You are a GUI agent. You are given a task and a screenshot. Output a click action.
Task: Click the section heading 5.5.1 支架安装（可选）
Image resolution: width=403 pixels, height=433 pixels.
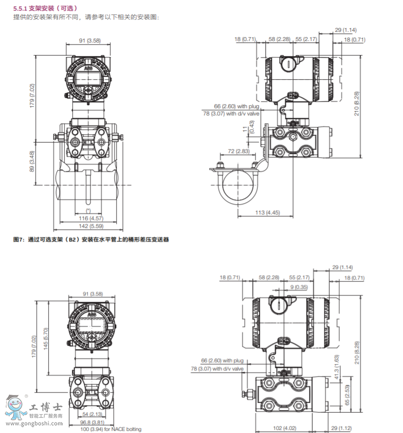(45, 8)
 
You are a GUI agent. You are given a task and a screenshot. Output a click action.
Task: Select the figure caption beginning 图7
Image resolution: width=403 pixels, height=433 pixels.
(91, 239)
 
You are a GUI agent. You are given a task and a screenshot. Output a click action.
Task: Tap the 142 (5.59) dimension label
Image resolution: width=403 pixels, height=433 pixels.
(91, 226)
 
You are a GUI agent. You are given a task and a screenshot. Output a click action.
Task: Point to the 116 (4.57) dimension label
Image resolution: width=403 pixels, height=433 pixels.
(91, 219)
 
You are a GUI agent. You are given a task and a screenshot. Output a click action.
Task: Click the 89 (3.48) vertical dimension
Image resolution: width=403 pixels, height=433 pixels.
(32, 161)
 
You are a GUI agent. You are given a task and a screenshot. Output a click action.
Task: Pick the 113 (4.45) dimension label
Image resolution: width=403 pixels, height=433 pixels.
(268, 212)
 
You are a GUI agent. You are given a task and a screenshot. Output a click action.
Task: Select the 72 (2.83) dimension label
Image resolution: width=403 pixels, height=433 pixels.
(239, 151)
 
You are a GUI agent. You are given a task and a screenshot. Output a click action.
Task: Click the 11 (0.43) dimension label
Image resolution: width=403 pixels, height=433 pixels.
(248, 127)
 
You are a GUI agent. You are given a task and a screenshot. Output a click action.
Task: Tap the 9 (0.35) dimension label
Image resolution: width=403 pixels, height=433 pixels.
(299, 287)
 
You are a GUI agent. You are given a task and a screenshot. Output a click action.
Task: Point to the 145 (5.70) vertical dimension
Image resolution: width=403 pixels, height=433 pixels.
(45, 338)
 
